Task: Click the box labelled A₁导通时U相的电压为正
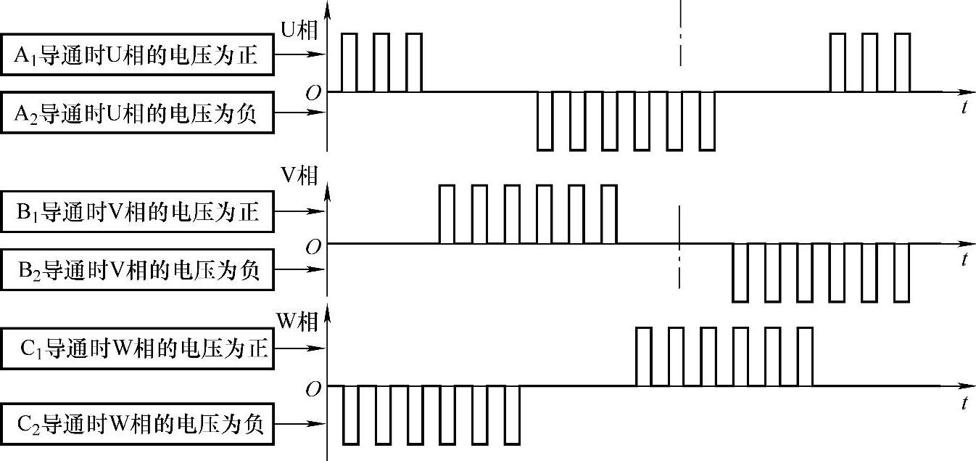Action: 137,54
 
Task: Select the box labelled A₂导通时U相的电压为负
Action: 137,113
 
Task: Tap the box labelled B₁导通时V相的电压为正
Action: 137,212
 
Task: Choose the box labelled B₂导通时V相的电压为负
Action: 137,270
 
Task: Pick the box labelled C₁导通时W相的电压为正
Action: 137,348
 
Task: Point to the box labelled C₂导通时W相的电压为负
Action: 137,424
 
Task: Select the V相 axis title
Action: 299,179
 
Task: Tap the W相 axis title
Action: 297,321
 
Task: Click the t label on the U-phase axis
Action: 964,108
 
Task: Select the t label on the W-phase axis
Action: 964,403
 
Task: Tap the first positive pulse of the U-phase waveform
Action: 349,62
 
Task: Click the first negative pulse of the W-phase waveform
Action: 350,415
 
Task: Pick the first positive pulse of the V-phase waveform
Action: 447,214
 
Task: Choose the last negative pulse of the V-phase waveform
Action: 901,272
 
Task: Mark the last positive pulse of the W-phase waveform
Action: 805,356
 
